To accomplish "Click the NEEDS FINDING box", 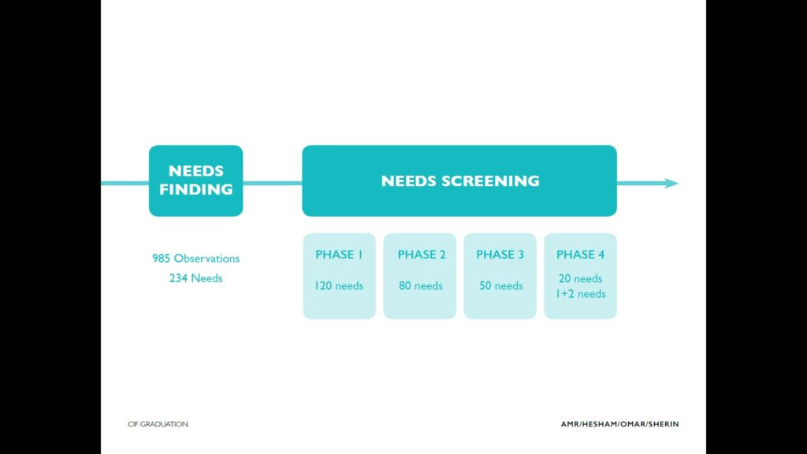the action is click(195, 180).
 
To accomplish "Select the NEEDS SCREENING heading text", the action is click(460, 180).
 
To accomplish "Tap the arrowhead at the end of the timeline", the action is click(671, 183).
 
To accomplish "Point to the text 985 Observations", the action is click(195, 259).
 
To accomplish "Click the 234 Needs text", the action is click(195, 278).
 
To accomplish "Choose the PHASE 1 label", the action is click(339, 255).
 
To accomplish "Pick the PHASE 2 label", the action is click(422, 255).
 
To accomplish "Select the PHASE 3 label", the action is click(500, 255).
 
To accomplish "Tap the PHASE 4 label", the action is click(580, 255).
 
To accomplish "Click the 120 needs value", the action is click(339, 285).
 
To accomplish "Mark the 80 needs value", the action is click(421, 285).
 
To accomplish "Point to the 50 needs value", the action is click(500, 285).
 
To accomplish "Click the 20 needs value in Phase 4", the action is click(580, 278).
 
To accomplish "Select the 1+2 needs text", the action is click(580, 294).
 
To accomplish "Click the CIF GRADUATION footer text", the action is click(158, 424).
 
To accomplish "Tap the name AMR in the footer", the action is click(570, 424).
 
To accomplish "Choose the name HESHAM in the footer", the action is click(600, 424).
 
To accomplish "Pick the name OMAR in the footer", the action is click(633, 424).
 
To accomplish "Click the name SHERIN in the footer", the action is click(664, 424).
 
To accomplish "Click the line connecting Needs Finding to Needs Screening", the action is click(272, 183).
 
